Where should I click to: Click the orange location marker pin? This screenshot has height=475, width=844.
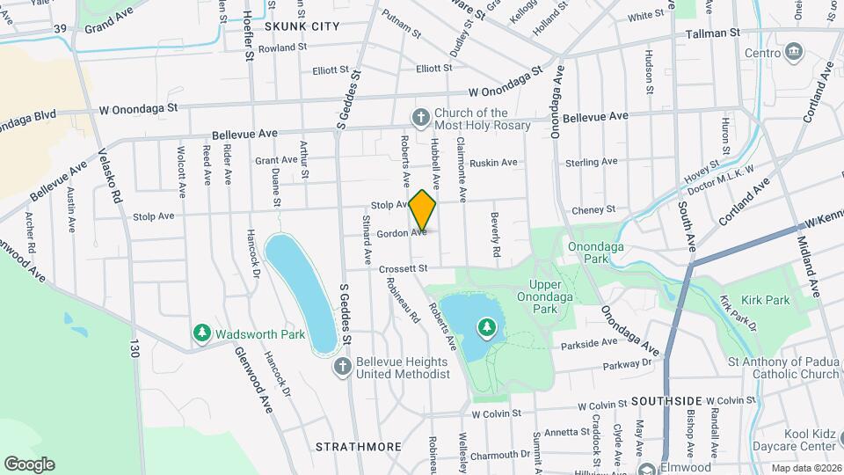pos(423,210)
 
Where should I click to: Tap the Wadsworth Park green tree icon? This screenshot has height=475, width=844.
pos(202,333)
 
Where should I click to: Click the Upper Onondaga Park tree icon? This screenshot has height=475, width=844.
pos(486,329)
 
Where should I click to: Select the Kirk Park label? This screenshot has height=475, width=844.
pos(766,301)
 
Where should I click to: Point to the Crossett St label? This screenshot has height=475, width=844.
pos(404,268)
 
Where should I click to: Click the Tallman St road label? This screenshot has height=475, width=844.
pos(714,33)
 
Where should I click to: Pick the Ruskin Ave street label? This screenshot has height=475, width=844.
pos(493,163)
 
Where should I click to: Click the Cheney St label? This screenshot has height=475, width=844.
pos(593,209)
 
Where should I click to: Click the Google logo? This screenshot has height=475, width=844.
pos(29,464)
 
